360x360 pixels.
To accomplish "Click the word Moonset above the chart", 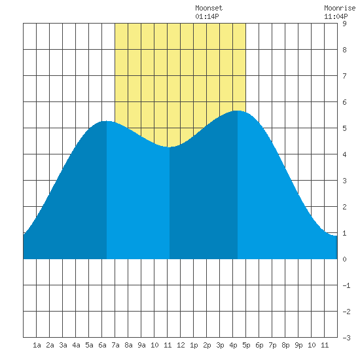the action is pos(209,8).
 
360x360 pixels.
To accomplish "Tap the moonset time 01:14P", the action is pos(207,16).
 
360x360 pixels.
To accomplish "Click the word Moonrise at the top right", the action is pos(340,8).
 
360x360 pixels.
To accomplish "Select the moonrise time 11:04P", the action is pos(336,16).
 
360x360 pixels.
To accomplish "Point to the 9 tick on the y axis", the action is pos(344,24).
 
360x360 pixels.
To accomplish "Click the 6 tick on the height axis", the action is pos(344,102).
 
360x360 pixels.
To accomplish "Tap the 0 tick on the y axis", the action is pos(344,259).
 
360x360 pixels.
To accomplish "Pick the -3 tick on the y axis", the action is pos(346,338).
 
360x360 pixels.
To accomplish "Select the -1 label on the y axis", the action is pos(346,285).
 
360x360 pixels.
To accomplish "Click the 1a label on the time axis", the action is pos(37,345).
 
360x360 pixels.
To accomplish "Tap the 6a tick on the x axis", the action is pos(102,345).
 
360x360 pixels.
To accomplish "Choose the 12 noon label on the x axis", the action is pos(181,345).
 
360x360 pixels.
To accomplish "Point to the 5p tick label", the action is pos(246,345).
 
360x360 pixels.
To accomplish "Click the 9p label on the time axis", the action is pos(298,345).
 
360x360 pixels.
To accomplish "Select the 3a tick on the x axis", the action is pos(63,345).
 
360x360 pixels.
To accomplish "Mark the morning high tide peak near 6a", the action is pos(107,121).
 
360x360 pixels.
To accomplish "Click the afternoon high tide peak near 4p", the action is pos(238,111).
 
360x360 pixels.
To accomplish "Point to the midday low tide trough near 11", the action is pos(170,147).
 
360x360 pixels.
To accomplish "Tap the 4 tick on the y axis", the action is pos(344,154).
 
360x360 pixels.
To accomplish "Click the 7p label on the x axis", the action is pos(272,345).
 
